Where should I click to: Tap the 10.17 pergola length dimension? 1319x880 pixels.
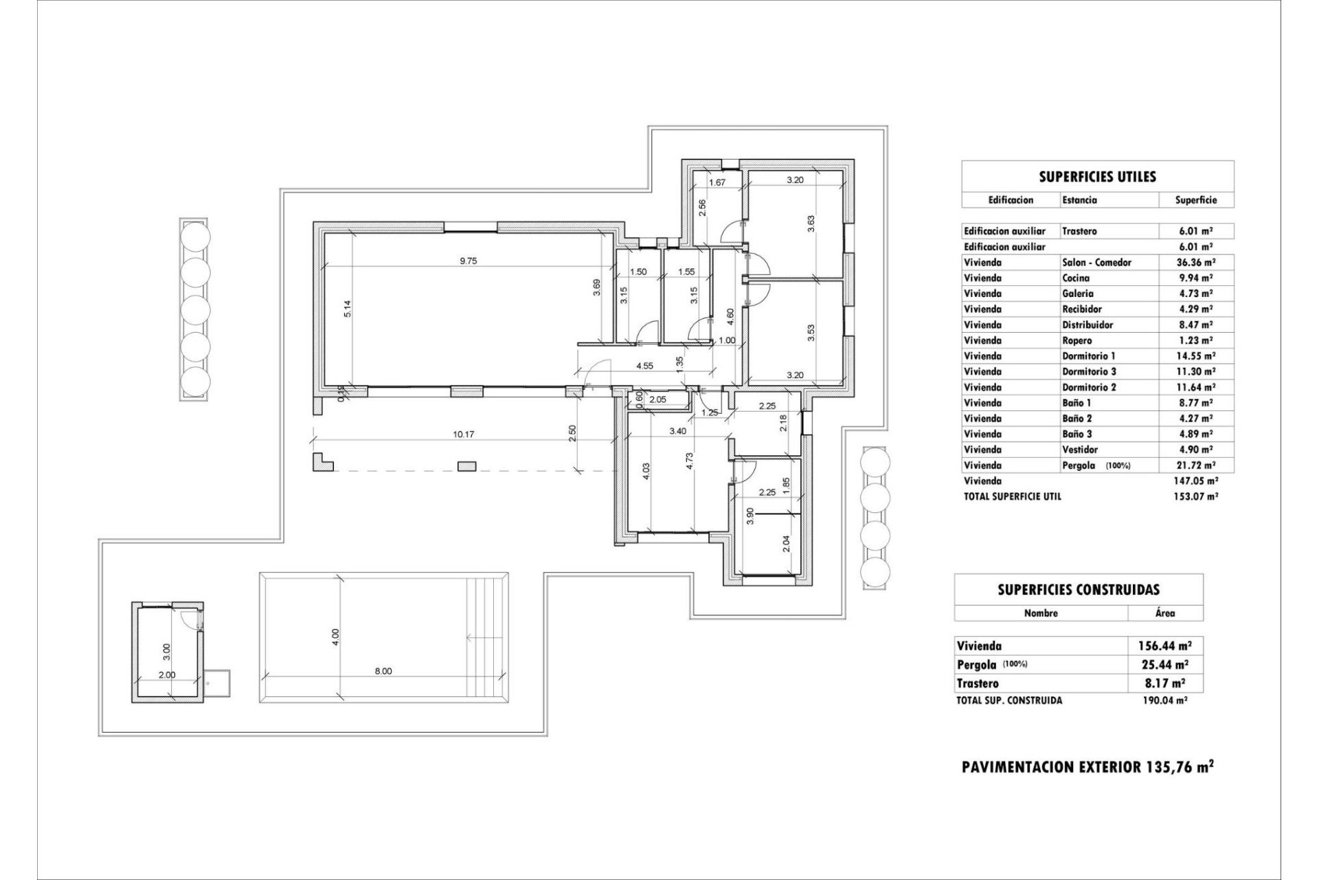465,434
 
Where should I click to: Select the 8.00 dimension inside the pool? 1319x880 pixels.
383,671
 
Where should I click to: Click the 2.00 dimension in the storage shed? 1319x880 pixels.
167,674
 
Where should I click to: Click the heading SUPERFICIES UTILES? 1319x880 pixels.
1097,177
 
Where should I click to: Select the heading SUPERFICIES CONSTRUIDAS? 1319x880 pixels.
1079,589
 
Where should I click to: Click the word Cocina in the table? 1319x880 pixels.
1075,278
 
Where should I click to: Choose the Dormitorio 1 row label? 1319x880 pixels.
1089,356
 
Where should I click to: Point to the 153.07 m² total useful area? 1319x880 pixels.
1195,496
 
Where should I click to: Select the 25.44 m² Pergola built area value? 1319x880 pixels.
1166,665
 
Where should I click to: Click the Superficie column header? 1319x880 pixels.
1195,200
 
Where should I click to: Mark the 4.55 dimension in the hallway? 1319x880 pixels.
644,366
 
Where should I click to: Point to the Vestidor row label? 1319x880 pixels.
1080,450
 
